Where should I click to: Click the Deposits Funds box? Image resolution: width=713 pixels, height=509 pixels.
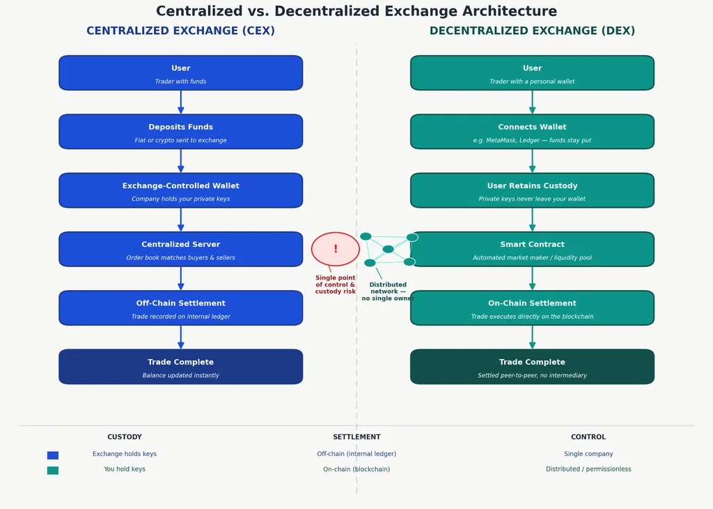click(x=180, y=132)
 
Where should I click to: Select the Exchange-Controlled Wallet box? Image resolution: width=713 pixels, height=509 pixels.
click(x=180, y=190)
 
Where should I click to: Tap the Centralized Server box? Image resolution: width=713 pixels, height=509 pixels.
click(x=180, y=249)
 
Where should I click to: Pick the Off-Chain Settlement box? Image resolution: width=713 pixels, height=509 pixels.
click(x=180, y=307)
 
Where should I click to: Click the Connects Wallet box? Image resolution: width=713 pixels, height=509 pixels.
click(x=532, y=132)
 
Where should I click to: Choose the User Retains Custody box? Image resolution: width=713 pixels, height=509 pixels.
click(x=532, y=190)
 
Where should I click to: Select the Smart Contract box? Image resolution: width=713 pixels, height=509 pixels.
click(x=532, y=249)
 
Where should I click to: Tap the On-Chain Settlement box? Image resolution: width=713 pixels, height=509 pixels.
click(x=532, y=307)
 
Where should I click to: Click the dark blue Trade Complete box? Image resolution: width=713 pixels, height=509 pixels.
click(x=180, y=367)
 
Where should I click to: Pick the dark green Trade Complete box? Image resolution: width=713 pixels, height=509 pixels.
click(x=532, y=367)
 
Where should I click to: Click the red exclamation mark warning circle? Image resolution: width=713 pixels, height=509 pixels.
click(x=336, y=249)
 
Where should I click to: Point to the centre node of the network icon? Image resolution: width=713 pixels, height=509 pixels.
click(x=388, y=249)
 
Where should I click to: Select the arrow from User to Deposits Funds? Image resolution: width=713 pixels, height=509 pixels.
click(x=180, y=102)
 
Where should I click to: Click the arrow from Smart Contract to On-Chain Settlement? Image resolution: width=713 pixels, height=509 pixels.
click(x=532, y=279)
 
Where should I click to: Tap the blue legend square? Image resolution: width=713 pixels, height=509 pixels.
click(x=53, y=455)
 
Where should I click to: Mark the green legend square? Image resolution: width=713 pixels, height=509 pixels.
click(x=53, y=470)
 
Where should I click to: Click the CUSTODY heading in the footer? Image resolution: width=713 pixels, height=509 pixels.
click(x=125, y=437)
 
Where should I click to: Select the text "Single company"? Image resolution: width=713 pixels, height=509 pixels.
click(x=588, y=454)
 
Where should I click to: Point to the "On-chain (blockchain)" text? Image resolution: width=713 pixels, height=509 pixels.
click(x=356, y=469)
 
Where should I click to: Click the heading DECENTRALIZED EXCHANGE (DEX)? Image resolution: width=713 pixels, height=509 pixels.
click(x=532, y=31)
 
